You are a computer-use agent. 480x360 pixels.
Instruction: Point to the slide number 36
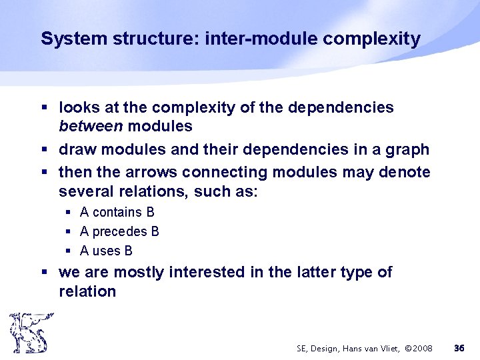(x=459, y=349)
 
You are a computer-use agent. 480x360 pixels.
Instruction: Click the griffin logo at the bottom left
(x=28, y=332)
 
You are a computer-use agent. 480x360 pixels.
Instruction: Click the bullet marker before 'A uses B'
(x=69, y=251)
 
